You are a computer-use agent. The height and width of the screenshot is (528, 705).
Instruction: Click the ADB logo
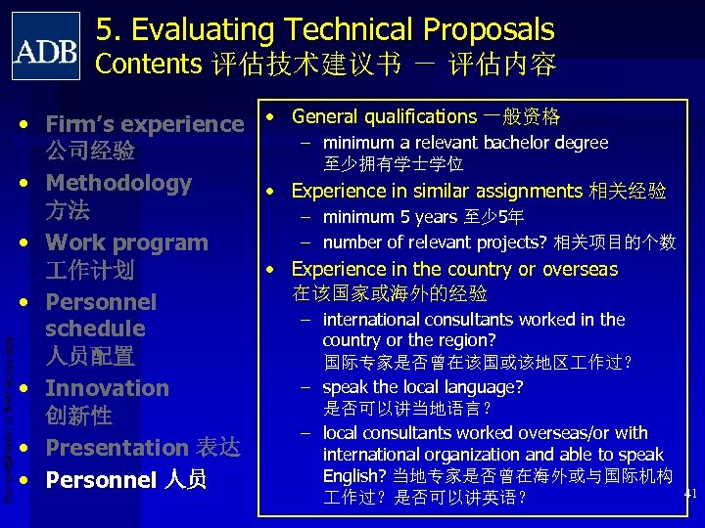click(x=46, y=46)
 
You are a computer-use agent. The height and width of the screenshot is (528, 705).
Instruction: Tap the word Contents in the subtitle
click(x=147, y=65)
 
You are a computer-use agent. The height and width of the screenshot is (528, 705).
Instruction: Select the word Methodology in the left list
click(x=118, y=183)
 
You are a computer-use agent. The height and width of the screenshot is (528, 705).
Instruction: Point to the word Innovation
click(x=107, y=388)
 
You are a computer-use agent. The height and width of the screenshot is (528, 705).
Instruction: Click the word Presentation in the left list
click(x=117, y=448)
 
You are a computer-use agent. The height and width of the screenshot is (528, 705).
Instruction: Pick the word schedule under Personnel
click(x=95, y=329)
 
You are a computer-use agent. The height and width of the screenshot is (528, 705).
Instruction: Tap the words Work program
click(x=126, y=242)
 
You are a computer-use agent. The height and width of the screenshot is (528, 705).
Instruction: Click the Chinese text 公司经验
click(x=89, y=153)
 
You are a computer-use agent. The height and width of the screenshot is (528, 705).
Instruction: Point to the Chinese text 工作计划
click(x=89, y=270)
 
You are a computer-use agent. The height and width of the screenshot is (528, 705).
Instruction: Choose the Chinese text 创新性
click(x=78, y=416)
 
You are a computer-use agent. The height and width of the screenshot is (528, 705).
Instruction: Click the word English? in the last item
click(x=354, y=476)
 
